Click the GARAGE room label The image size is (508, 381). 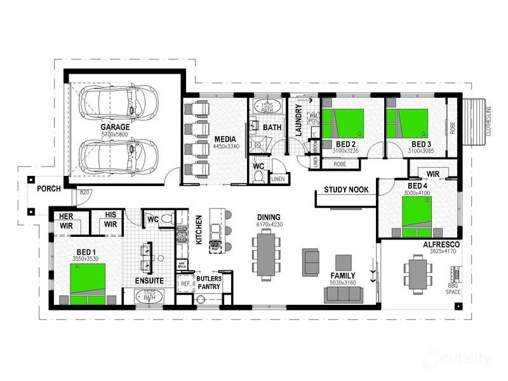pyautogui.click(x=115, y=127)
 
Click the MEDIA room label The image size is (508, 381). pyautogui.click(x=225, y=139)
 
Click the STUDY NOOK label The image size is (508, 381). pyautogui.click(x=346, y=189)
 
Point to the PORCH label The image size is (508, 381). pyautogui.click(x=48, y=189)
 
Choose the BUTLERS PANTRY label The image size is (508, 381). pyautogui.click(x=208, y=283)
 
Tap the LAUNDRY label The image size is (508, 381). pyautogui.click(x=298, y=121)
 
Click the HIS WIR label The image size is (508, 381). pyautogui.click(x=110, y=220)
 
